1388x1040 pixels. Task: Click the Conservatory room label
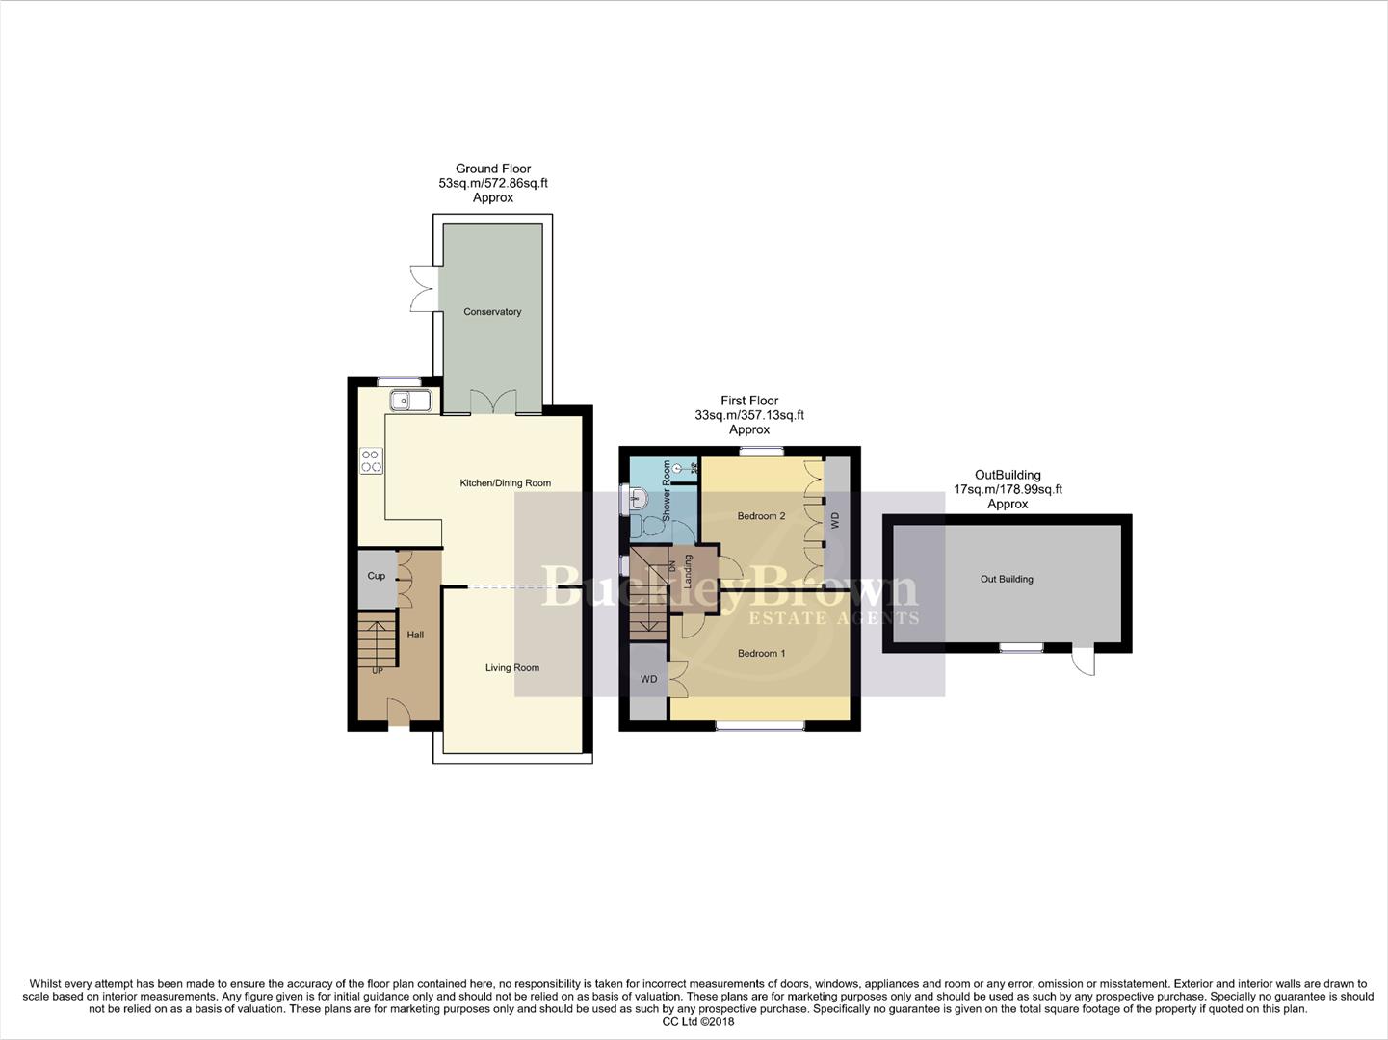(492, 312)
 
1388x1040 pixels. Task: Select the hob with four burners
(371, 461)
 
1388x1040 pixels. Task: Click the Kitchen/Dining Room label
(505, 483)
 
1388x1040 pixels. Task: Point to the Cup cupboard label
(376, 577)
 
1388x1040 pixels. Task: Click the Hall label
(415, 636)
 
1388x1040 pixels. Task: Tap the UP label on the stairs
(378, 670)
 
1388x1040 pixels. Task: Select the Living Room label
(511, 668)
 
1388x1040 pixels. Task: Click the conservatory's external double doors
(423, 288)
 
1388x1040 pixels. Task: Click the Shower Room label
(667, 491)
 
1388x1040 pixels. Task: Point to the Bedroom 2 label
(761, 516)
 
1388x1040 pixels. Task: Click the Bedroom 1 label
(761, 654)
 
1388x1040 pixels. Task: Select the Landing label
(688, 571)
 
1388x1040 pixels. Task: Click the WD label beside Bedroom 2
(835, 519)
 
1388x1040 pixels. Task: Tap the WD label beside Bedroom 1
(648, 680)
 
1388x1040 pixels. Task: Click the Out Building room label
(1007, 580)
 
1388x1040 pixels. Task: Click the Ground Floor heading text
(493, 169)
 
